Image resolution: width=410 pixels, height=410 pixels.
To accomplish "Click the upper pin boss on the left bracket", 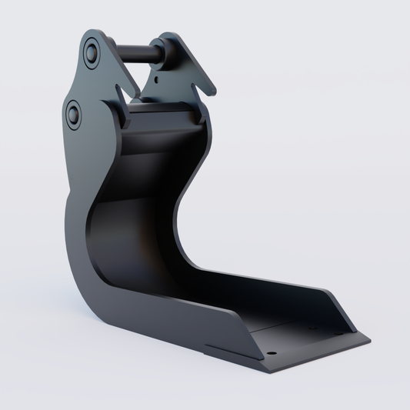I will (x=92, y=53).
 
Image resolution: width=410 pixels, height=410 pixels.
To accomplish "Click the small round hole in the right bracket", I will (x=157, y=77).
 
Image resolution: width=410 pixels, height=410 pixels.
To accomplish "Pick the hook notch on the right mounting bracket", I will (x=202, y=85).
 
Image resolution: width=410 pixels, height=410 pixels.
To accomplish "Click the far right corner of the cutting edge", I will (x=369, y=338).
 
